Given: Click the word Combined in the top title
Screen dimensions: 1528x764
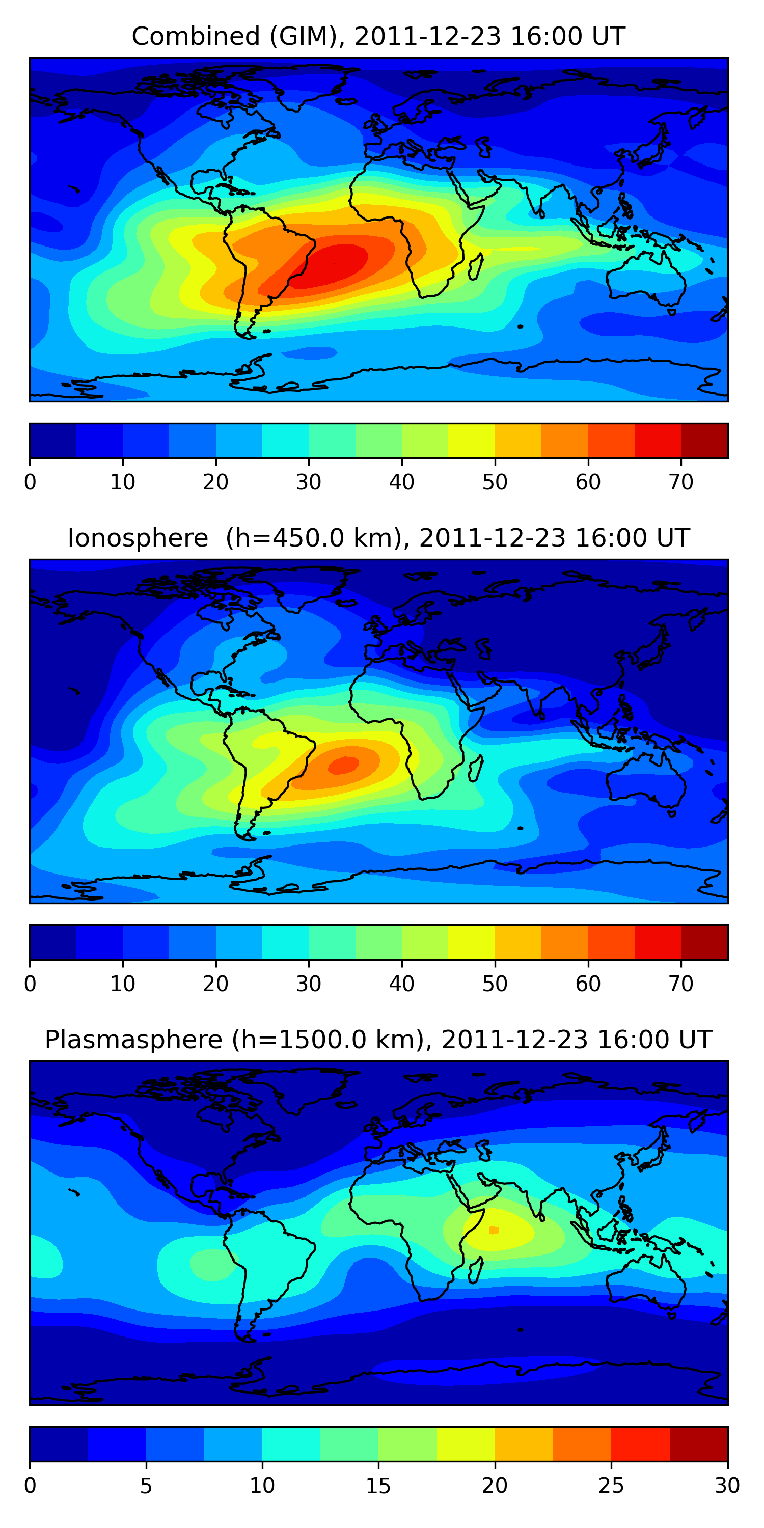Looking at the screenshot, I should coord(195,37).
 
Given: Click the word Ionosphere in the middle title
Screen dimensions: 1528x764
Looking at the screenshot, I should coord(138,538).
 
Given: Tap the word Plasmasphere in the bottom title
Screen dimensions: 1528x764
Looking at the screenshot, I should coord(133,1040).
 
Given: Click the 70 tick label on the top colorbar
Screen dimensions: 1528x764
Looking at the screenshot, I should coord(681,482).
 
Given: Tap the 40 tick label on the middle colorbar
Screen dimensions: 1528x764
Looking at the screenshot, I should coord(401,984).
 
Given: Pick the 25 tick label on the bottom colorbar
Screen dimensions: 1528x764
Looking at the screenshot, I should coord(611,1485).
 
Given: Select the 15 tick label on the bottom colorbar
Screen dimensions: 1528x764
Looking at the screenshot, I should coord(378,1485).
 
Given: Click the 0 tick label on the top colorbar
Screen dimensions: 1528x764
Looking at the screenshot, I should coord(30,482).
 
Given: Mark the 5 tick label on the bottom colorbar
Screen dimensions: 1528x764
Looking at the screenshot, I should coord(146,1485).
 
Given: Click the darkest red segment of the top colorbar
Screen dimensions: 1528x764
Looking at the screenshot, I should coord(704,441).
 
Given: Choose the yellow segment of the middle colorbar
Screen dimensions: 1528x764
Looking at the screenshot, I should coord(472,942).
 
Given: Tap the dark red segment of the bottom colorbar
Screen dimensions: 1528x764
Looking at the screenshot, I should coord(698,1444).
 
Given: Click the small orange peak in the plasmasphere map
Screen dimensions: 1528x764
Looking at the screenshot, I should coord(494,1230).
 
